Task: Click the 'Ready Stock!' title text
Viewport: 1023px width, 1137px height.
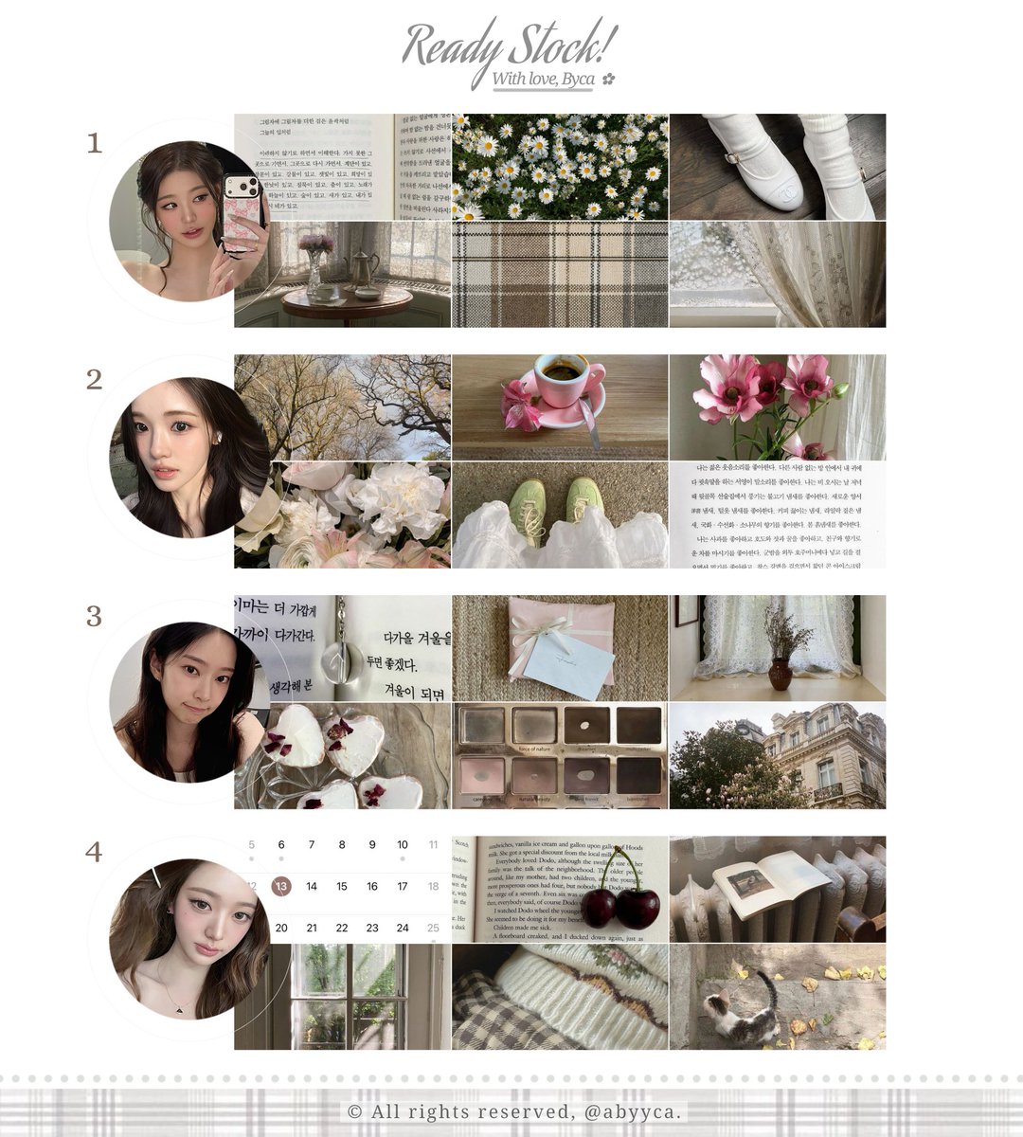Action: pyautogui.click(x=510, y=45)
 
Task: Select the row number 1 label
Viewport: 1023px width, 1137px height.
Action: pyautogui.click(x=94, y=144)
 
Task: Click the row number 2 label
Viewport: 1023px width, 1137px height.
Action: pyautogui.click(x=94, y=380)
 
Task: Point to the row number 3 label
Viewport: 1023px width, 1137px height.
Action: pyautogui.click(x=94, y=617)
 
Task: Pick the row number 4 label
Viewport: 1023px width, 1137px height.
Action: pyautogui.click(x=94, y=853)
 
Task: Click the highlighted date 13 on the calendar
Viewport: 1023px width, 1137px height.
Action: pyautogui.click(x=281, y=887)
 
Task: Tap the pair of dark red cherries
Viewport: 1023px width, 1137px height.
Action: pyautogui.click(x=619, y=905)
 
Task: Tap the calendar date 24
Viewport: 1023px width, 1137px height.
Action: pyautogui.click(x=403, y=929)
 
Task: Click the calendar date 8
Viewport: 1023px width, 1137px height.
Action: pyautogui.click(x=342, y=845)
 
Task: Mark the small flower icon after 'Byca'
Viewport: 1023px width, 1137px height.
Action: pyautogui.click(x=608, y=81)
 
